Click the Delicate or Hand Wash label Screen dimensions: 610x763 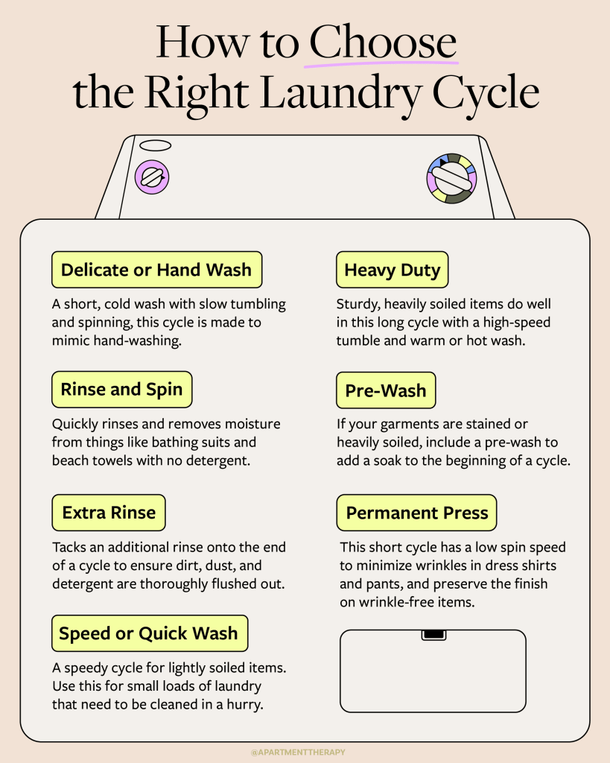156,270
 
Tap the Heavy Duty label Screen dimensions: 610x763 392,270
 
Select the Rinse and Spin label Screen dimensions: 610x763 121,389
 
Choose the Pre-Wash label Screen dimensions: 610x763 386,390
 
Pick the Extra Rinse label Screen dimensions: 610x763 109,513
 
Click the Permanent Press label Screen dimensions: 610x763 416,513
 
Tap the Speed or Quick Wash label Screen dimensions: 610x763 150,633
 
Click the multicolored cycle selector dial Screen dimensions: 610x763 451,179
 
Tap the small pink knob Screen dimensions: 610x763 152,177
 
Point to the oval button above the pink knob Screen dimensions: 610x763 155,145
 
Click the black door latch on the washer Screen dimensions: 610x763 433,635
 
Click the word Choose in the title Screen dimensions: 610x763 383,42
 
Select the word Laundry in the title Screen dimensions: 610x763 340,92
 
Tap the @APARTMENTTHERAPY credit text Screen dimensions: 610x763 298,753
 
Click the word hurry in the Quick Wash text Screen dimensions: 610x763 245,705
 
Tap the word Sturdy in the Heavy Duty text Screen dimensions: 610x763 358,305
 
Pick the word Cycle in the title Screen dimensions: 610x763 486,92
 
